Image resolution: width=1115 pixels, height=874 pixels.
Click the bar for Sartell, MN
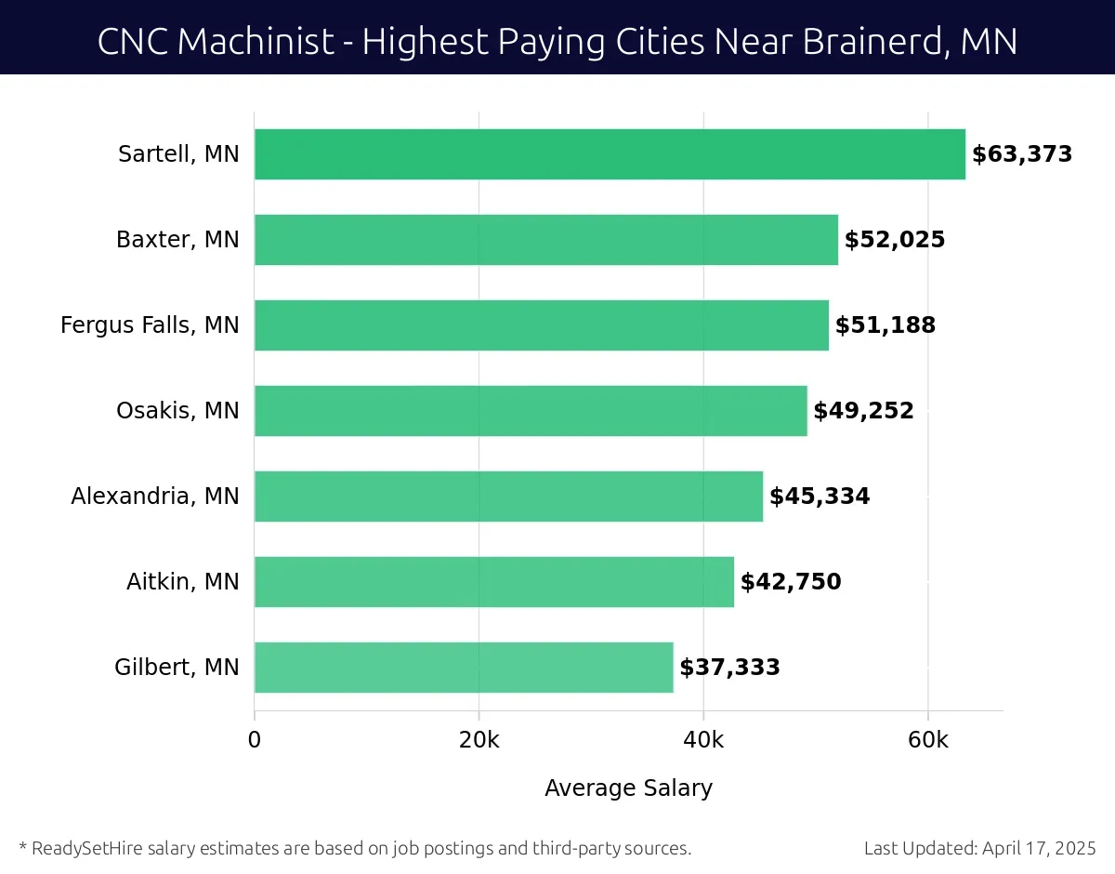[610, 154]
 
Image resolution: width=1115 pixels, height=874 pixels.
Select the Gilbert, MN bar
[464, 668]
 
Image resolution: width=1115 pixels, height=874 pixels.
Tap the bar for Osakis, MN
[531, 411]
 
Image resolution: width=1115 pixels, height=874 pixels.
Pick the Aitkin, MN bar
[494, 582]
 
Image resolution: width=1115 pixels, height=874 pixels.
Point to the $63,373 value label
[1022, 154]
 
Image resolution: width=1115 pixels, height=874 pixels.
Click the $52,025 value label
[895, 240]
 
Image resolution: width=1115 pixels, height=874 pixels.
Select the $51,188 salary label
[885, 325]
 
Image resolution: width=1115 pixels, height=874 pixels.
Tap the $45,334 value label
[820, 497]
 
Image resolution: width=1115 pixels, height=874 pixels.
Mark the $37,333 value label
[729, 668]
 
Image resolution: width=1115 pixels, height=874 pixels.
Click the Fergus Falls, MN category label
[150, 325]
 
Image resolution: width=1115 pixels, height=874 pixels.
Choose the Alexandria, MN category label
[155, 497]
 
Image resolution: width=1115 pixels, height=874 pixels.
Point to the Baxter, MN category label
[177, 240]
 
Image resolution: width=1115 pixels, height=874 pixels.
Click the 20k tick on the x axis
[479, 740]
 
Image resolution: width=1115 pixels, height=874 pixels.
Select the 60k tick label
[927, 740]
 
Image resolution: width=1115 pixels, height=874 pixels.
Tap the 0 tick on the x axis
[255, 740]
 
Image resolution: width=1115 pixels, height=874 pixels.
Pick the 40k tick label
[703, 740]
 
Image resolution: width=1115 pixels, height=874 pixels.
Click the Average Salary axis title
[628, 788]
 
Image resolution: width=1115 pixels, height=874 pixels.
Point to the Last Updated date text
[979, 848]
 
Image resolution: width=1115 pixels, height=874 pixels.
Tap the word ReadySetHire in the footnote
[84, 848]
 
